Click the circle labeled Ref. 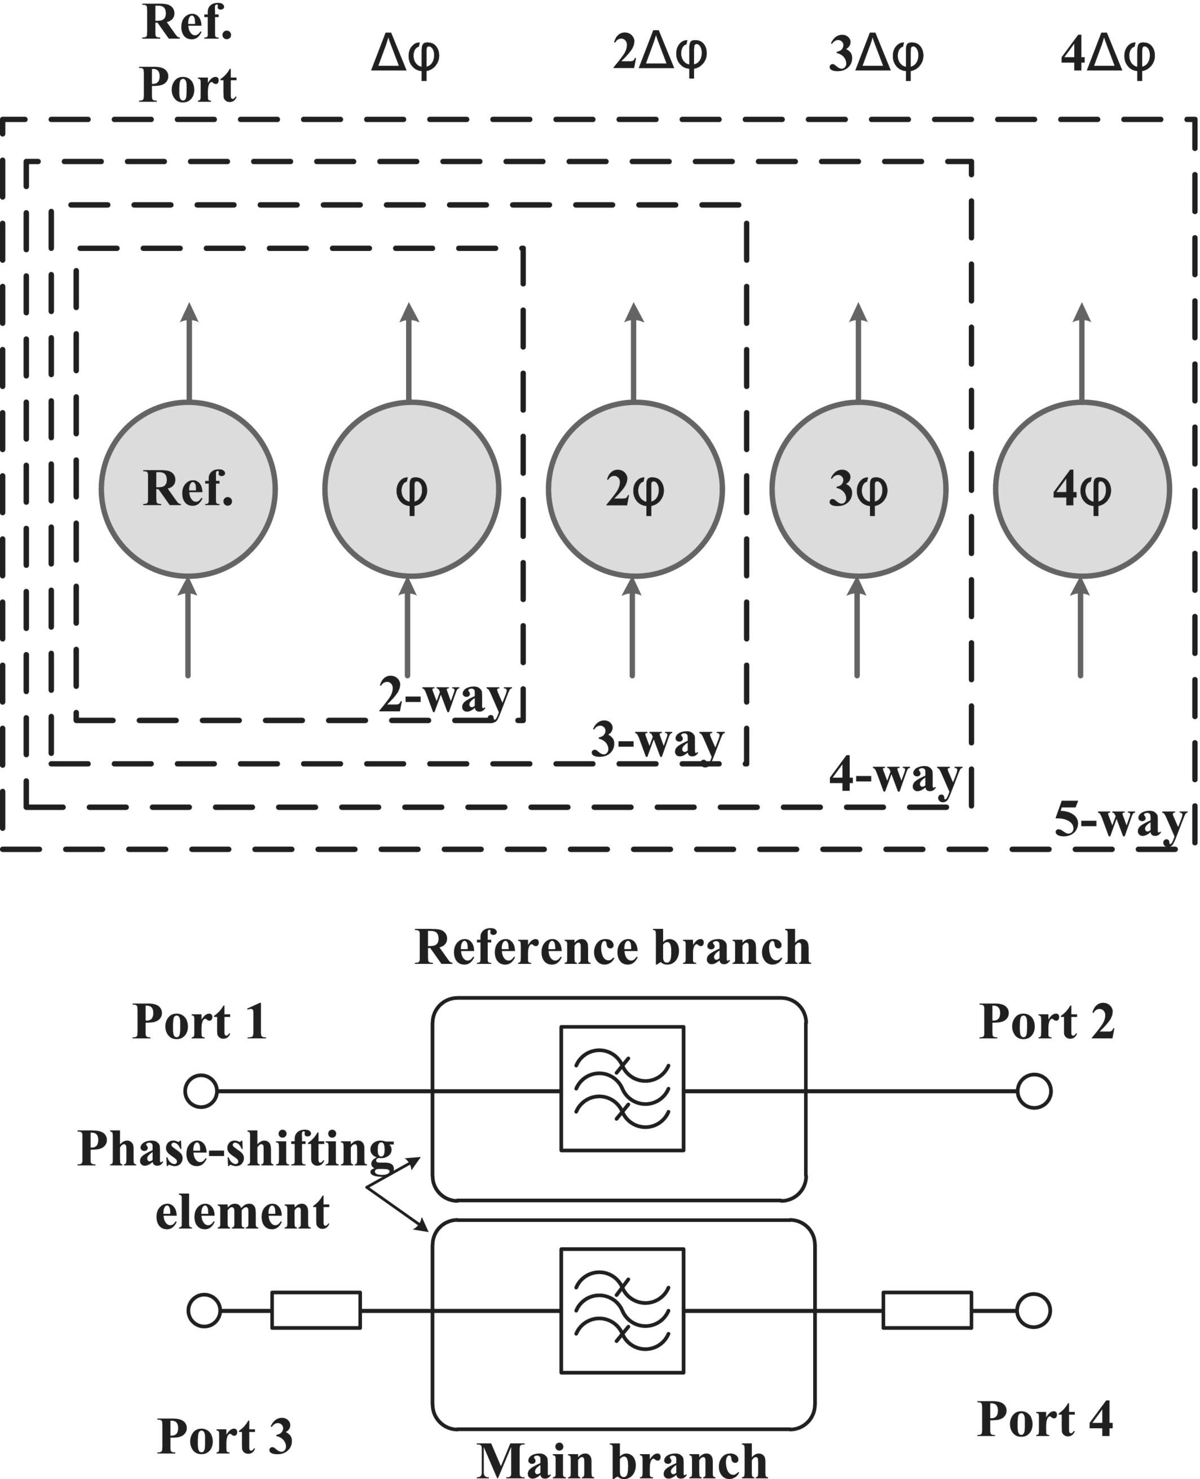point(188,489)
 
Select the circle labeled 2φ point(636,489)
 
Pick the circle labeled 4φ point(1083,489)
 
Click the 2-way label point(444,697)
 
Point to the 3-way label point(658,742)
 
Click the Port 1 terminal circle point(201,1091)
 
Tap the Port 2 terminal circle point(1034,1091)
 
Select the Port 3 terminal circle point(204,1310)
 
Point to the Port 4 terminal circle point(1034,1310)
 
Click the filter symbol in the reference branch point(622,1089)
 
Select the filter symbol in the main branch point(622,1310)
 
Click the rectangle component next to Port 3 point(316,1310)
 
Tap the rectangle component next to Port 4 point(927,1310)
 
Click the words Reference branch point(612,947)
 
